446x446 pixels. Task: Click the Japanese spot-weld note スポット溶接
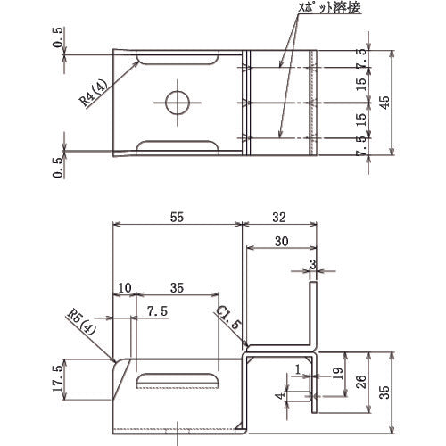coord(329,8)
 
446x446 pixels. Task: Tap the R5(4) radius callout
coord(81,322)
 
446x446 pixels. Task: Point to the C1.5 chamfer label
coord(227,318)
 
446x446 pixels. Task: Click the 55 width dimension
coord(177,217)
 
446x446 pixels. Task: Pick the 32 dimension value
coord(279,218)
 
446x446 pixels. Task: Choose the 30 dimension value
coord(281,241)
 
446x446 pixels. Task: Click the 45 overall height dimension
coord(384,103)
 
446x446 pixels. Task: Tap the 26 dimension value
coord(360,382)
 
